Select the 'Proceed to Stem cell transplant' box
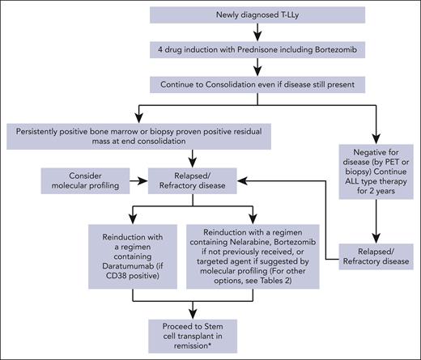[192, 332]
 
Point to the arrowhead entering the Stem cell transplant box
[192, 314]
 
